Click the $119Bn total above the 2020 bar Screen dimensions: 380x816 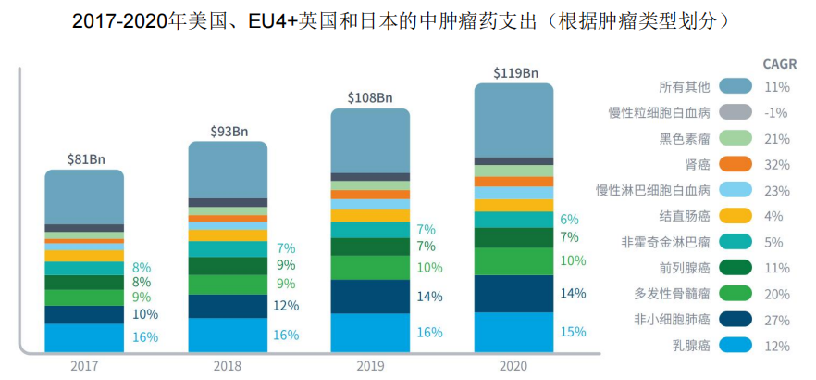(514, 71)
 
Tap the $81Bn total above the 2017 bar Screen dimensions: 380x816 (84, 158)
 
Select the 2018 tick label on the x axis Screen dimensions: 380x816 (228, 365)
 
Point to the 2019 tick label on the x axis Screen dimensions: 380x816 (371, 365)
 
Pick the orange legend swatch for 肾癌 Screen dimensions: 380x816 (735, 165)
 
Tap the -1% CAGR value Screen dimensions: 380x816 (776, 113)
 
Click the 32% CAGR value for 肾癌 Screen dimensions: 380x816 (776, 165)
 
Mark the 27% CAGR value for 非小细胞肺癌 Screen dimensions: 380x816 (776, 320)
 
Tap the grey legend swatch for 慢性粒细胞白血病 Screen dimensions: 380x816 (735, 113)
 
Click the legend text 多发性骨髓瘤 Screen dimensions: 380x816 (678, 294)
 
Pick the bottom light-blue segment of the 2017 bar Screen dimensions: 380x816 (84, 337)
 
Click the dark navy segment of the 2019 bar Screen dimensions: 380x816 (371, 297)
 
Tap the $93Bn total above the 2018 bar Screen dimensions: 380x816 (228, 132)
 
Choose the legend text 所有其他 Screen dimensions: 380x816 (685, 87)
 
